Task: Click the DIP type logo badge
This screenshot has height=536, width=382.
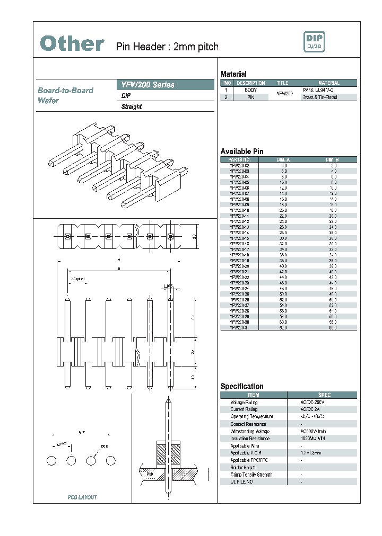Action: (313, 42)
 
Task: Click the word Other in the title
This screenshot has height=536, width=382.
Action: (72, 44)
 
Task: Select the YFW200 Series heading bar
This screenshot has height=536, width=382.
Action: (165, 85)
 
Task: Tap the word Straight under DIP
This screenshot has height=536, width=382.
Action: (132, 106)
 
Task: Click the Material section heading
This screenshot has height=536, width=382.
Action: (233, 74)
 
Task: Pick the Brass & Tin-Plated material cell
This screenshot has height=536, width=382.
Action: (319, 97)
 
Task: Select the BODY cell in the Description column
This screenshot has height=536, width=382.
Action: (250, 91)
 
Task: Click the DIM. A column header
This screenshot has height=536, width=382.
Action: (283, 159)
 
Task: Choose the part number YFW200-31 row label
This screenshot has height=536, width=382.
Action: (239, 327)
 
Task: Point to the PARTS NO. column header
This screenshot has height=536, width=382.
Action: (239, 159)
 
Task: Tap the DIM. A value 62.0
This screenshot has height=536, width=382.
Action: (283, 327)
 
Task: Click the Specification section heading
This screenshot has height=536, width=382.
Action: (242, 386)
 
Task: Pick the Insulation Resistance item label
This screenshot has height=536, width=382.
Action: (250, 439)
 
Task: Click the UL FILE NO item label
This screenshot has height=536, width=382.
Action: (241, 481)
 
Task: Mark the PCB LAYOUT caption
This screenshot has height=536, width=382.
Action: (82, 497)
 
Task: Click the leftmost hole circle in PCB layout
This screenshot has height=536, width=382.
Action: (51, 460)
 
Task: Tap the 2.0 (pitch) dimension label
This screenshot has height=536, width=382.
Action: (77, 279)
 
